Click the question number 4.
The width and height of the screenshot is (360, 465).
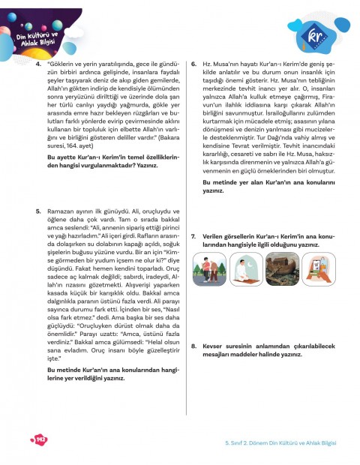[x=38, y=65]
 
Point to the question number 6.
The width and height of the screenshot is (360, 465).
[x=194, y=65]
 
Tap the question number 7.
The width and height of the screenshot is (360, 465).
[x=194, y=236]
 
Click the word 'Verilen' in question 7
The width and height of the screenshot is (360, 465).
[x=213, y=236]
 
